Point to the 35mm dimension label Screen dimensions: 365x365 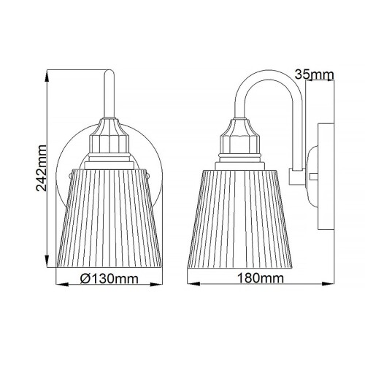pyautogui.click(x=315, y=74)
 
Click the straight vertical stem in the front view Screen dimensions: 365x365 pyautogui.click(x=109, y=95)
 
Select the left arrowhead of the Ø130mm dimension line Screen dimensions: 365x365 pyautogui.click(x=59, y=285)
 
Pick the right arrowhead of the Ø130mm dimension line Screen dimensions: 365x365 pyautogui.click(x=160, y=285)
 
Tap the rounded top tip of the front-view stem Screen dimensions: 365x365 pyautogui.click(x=109, y=71)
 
